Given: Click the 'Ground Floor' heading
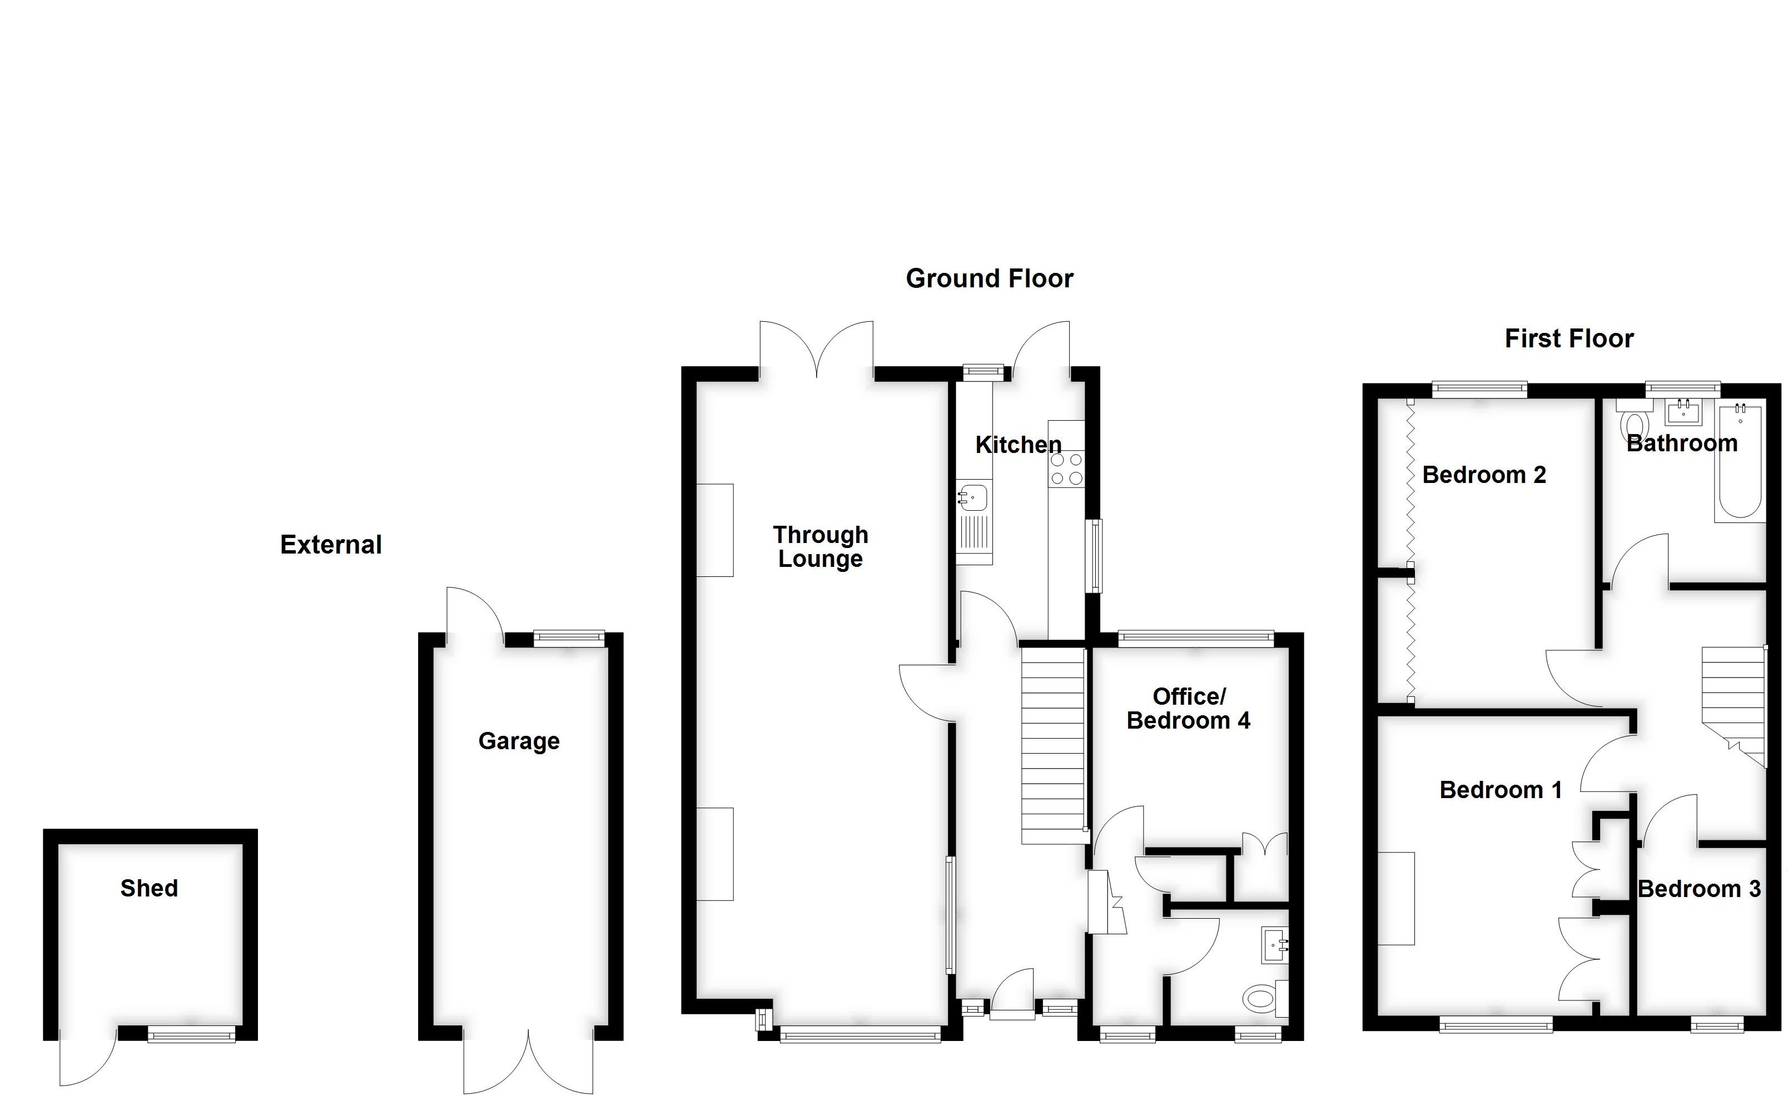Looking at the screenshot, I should [989, 278].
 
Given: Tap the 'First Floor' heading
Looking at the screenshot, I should [1569, 338].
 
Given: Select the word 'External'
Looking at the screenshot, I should [331, 545].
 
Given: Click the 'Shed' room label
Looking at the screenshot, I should [149, 888].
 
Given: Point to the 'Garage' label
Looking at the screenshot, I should [519, 741].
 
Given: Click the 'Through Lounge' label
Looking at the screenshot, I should [820, 546].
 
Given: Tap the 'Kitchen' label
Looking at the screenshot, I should [1017, 445].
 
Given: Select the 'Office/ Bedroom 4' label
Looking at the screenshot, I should [1189, 708].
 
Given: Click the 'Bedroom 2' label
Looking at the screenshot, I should [1484, 475].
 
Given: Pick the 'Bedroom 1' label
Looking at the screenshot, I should [1501, 790].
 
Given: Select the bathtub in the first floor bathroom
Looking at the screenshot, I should [1740, 464].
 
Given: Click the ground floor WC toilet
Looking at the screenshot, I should [1263, 998].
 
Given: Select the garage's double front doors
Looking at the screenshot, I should [528, 1060].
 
